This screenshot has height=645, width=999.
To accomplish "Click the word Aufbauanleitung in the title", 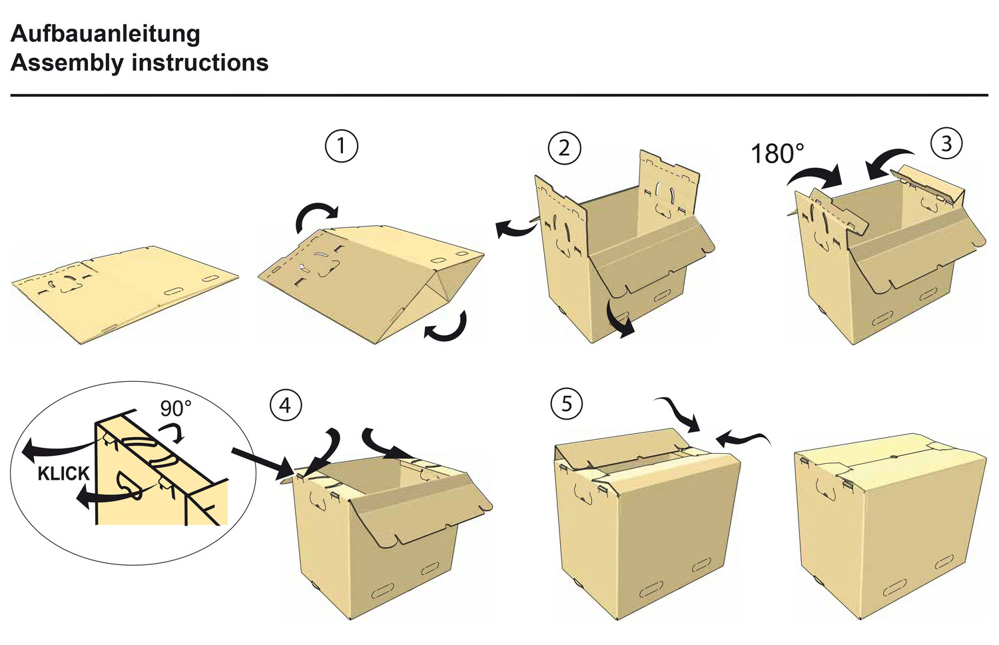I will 105,33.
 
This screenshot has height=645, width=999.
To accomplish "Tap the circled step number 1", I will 341,146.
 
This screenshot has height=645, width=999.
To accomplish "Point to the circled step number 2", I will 564,148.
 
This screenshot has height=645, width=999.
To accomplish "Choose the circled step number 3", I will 946,143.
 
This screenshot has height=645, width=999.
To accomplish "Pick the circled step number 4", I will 285,405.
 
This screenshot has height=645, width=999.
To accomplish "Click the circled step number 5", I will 567,404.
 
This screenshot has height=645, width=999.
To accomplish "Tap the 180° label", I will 777,154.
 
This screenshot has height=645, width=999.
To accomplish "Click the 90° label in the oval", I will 176,408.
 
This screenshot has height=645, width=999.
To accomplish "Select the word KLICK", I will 63,474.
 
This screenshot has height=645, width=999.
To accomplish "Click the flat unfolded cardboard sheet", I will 125,293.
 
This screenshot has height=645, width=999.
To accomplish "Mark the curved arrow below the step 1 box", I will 448,326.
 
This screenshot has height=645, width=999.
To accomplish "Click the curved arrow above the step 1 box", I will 316,217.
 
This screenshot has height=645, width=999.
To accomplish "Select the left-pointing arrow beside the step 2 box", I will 515,229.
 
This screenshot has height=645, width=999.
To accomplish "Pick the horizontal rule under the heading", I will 499,95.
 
